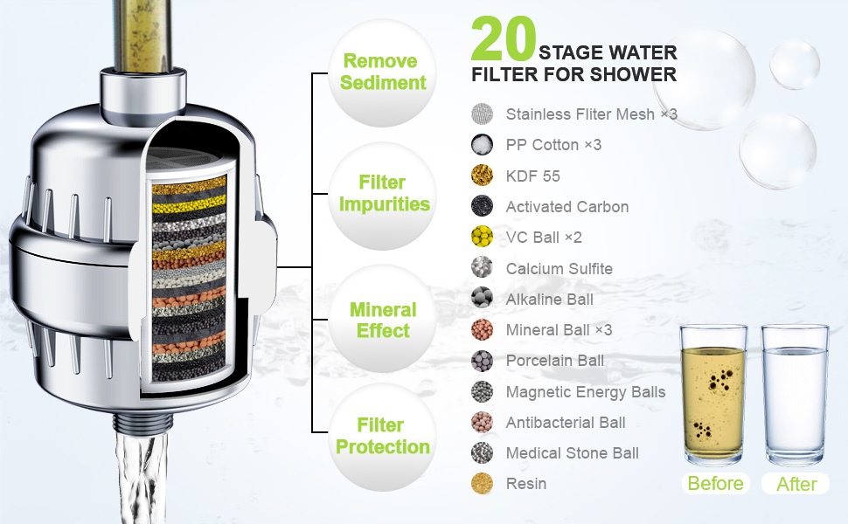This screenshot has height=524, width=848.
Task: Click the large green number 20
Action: [x=504, y=39]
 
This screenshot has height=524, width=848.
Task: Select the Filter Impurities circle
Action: [x=383, y=194]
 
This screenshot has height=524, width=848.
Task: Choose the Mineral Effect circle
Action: [x=383, y=320]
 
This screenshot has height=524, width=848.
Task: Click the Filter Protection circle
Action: [x=383, y=436]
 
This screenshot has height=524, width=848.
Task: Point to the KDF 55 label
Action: [x=532, y=176]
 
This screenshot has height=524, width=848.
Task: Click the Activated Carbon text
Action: [x=566, y=207]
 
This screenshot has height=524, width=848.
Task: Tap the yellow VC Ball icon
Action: [x=483, y=238]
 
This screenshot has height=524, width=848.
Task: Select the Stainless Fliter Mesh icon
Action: [x=483, y=114]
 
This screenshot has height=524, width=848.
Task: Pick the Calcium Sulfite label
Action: [x=559, y=269]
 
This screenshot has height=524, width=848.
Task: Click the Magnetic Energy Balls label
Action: [x=585, y=392]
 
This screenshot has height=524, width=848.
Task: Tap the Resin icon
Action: [x=483, y=484]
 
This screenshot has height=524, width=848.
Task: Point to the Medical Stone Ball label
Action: [x=572, y=453]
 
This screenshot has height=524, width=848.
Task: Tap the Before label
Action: [x=715, y=484]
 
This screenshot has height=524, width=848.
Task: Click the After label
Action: [x=796, y=484]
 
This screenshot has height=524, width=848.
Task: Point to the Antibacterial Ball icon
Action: [x=483, y=423]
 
